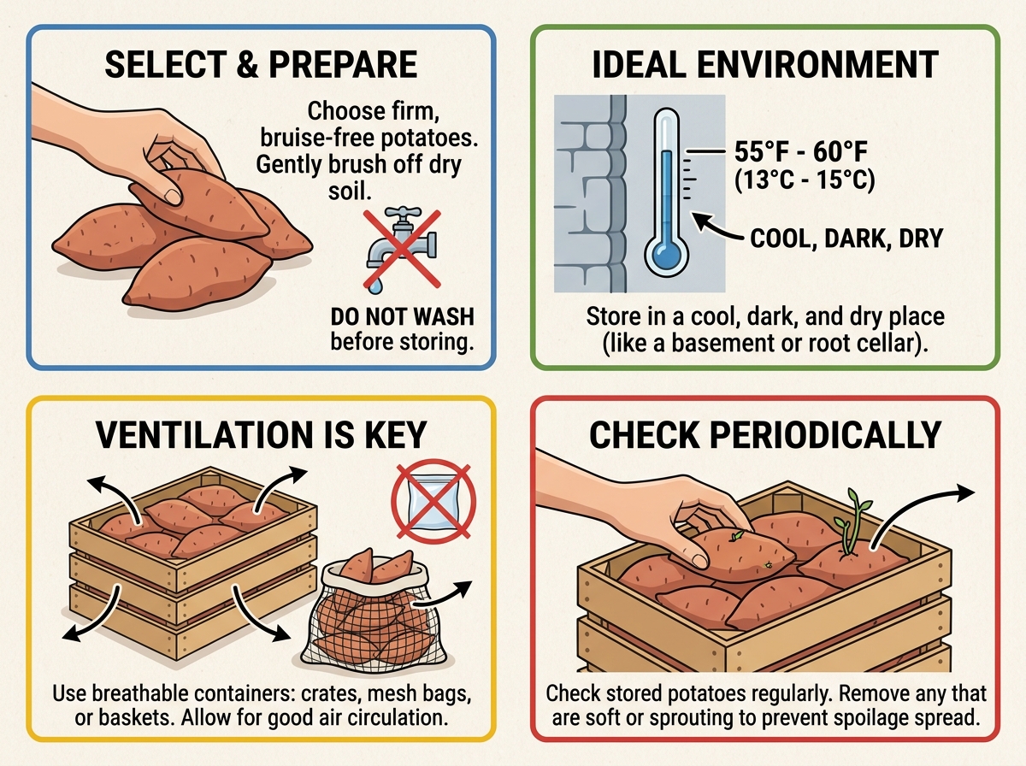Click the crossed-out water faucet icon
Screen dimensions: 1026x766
click(402, 249)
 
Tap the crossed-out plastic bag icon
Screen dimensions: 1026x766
click(433, 501)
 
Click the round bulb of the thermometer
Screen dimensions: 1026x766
click(666, 256)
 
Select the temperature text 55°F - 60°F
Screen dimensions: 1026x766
click(800, 151)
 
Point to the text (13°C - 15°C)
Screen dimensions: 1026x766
click(804, 180)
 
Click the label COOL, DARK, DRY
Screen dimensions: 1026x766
click(846, 239)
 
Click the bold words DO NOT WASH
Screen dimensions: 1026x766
click(402, 316)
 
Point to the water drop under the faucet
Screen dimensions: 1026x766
click(374, 286)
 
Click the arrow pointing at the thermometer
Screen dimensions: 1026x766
click(718, 230)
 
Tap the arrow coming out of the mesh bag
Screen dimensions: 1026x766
click(443, 593)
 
